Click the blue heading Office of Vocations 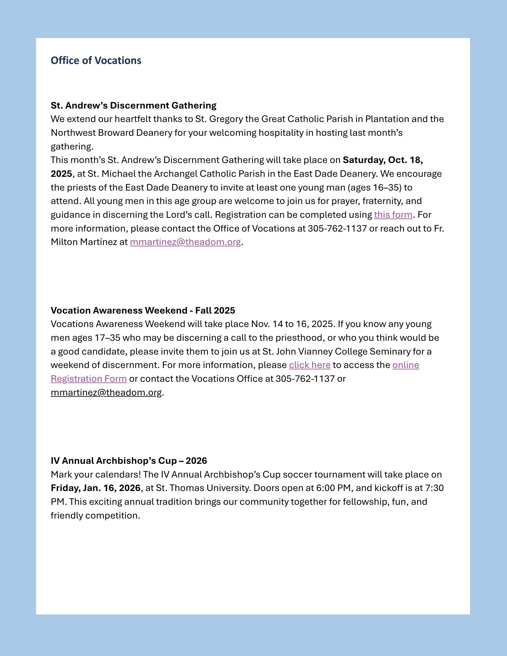pyautogui.click(x=96, y=60)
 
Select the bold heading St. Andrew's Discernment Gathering pyautogui.click(x=133, y=105)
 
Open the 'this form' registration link pyautogui.click(x=393, y=215)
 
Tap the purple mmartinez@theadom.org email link pyautogui.click(x=185, y=242)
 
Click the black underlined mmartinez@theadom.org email pyautogui.click(x=106, y=392)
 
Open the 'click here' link pyautogui.click(x=309, y=365)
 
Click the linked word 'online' pyautogui.click(x=406, y=365)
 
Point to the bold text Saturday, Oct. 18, pyautogui.click(x=383, y=160)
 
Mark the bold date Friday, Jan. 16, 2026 pyautogui.click(x=95, y=488)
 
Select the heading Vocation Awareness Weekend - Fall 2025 pyautogui.click(x=143, y=310)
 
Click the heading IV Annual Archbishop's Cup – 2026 pyautogui.click(x=129, y=461)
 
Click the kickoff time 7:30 pyautogui.click(x=434, y=488)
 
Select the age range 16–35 pyautogui.click(x=387, y=188)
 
